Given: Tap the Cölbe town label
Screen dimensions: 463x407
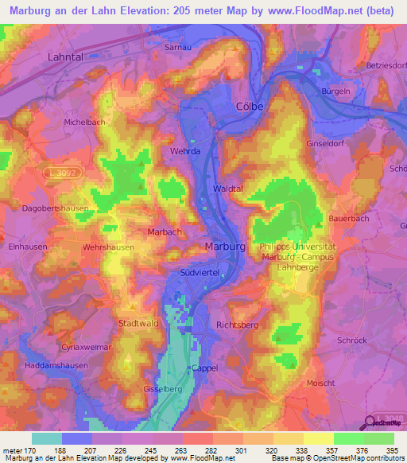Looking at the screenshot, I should (250, 106).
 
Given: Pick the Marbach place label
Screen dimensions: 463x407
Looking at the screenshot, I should (165, 231).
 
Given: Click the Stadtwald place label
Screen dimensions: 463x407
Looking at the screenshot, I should (138, 323).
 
